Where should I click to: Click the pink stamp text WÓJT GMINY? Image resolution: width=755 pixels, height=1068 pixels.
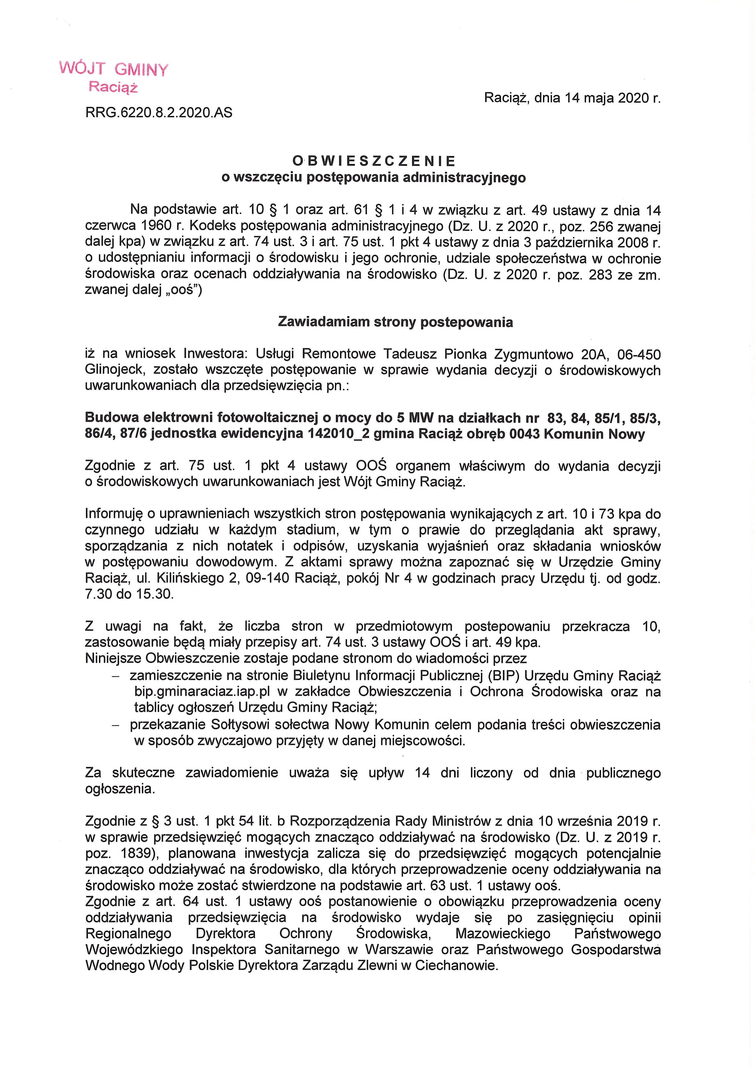tap(114, 70)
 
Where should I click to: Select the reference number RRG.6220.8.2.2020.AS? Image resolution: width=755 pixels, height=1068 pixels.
tap(159, 113)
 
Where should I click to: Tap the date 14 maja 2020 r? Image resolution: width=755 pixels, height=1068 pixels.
tap(613, 98)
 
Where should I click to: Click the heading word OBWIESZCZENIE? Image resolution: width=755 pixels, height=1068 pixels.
tap(374, 161)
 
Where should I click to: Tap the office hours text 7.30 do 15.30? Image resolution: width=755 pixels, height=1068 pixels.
tap(129, 595)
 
